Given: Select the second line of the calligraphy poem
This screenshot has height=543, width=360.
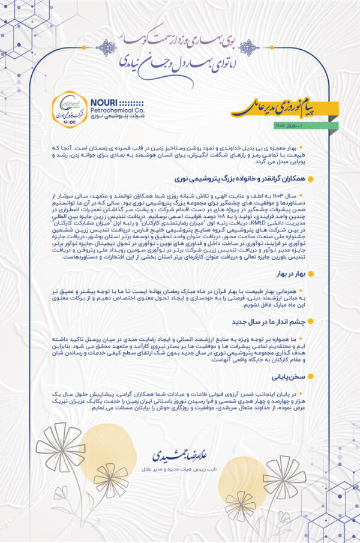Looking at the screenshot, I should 180,60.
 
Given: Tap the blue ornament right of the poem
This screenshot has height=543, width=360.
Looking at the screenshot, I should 250,48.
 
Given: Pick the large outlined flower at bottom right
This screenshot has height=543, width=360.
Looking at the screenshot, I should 284,477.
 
